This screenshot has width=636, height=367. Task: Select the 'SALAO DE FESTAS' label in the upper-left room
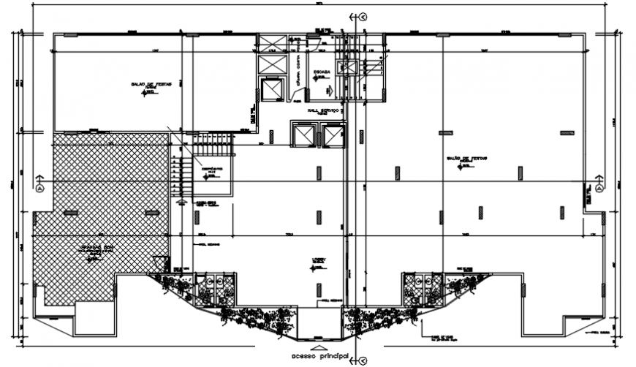(151, 85)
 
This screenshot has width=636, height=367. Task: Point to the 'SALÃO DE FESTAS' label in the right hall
(466, 159)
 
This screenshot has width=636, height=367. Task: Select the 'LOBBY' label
(318, 260)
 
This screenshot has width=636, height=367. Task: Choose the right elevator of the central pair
(333, 136)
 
